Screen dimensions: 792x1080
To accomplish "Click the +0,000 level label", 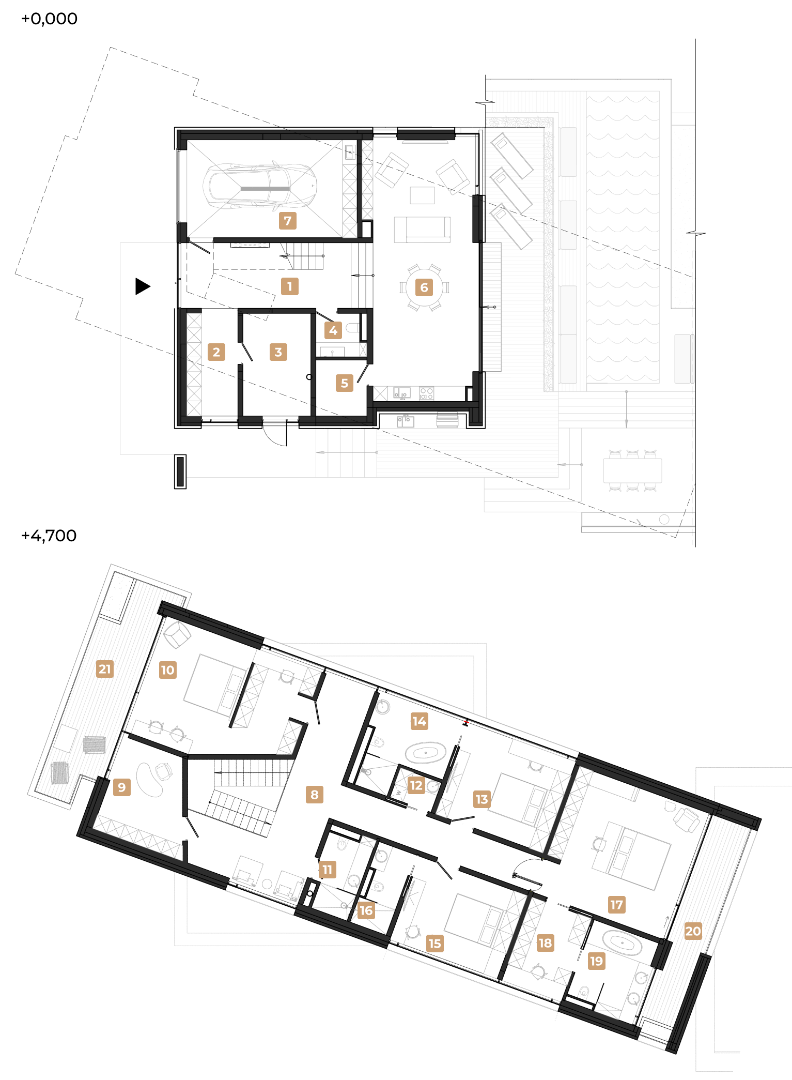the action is [x=49, y=19].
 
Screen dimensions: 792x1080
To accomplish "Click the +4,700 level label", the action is [x=49, y=536].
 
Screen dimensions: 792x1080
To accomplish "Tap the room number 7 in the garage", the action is [x=288, y=221].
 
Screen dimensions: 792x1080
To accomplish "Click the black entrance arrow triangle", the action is [x=143, y=286].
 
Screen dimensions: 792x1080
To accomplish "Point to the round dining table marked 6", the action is [x=424, y=287].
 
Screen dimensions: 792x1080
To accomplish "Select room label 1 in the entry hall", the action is [x=290, y=286].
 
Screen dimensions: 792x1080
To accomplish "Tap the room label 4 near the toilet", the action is [x=333, y=330].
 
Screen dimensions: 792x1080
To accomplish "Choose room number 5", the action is [x=345, y=383].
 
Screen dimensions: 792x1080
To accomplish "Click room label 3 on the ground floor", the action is [x=278, y=352].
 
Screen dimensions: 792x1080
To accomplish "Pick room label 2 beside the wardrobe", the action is [x=216, y=352].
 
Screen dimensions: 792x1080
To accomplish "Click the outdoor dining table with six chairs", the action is [x=632, y=470].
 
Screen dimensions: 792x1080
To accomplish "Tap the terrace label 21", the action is [x=105, y=669].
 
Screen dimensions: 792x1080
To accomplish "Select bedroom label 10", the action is [x=168, y=670].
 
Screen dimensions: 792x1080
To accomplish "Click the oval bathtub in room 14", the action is [x=426, y=753].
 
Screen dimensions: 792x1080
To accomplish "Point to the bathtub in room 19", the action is [x=623, y=944].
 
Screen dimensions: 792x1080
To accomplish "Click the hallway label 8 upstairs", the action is [x=315, y=795].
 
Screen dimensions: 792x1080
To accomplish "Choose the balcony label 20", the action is [x=693, y=931].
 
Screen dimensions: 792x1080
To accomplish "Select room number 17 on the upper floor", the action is [x=616, y=905].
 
